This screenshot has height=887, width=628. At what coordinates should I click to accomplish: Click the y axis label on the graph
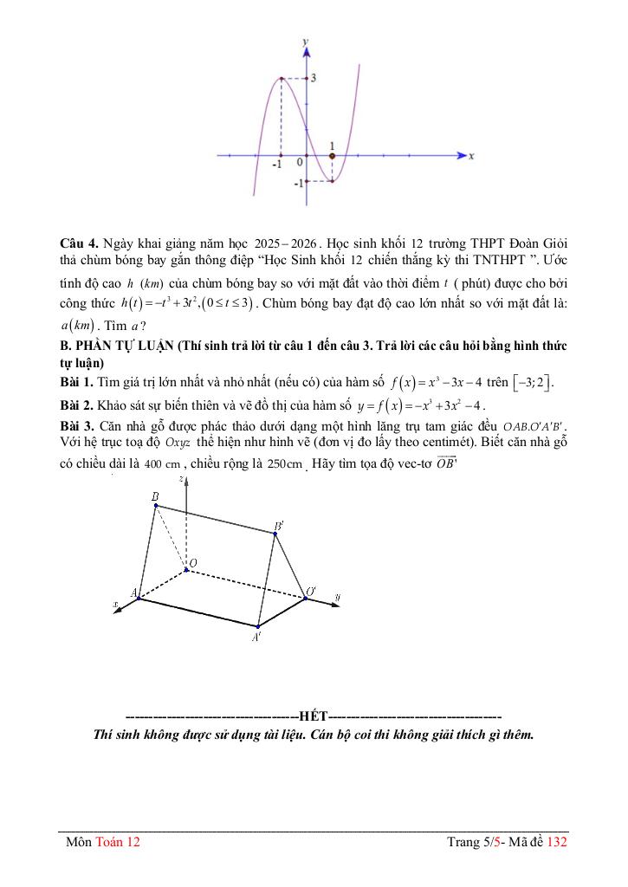pyautogui.click(x=305, y=42)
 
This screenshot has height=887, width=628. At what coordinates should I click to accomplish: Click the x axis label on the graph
pyautogui.click(x=471, y=157)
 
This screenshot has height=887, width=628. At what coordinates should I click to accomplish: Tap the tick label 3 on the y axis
pyautogui.click(x=313, y=78)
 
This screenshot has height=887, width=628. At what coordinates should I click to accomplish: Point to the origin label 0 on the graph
pyautogui.click(x=299, y=162)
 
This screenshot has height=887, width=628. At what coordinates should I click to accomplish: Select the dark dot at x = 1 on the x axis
pyautogui.click(x=332, y=156)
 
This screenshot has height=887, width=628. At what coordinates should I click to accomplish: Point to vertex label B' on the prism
pyautogui.click(x=279, y=526)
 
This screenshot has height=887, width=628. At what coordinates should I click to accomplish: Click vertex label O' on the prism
pyautogui.click(x=310, y=592)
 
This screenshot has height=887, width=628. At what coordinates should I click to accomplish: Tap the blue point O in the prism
pyautogui.click(x=185, y=569)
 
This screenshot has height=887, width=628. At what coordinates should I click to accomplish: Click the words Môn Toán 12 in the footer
pyautogui.click(x=103, y=841)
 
